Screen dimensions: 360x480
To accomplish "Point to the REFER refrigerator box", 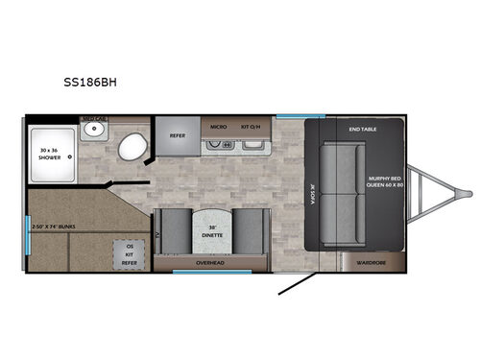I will tap(177, 135).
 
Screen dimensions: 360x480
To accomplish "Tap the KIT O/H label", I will tap(252, 126).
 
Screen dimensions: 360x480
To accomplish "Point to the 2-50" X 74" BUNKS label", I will tap(54, 226).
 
